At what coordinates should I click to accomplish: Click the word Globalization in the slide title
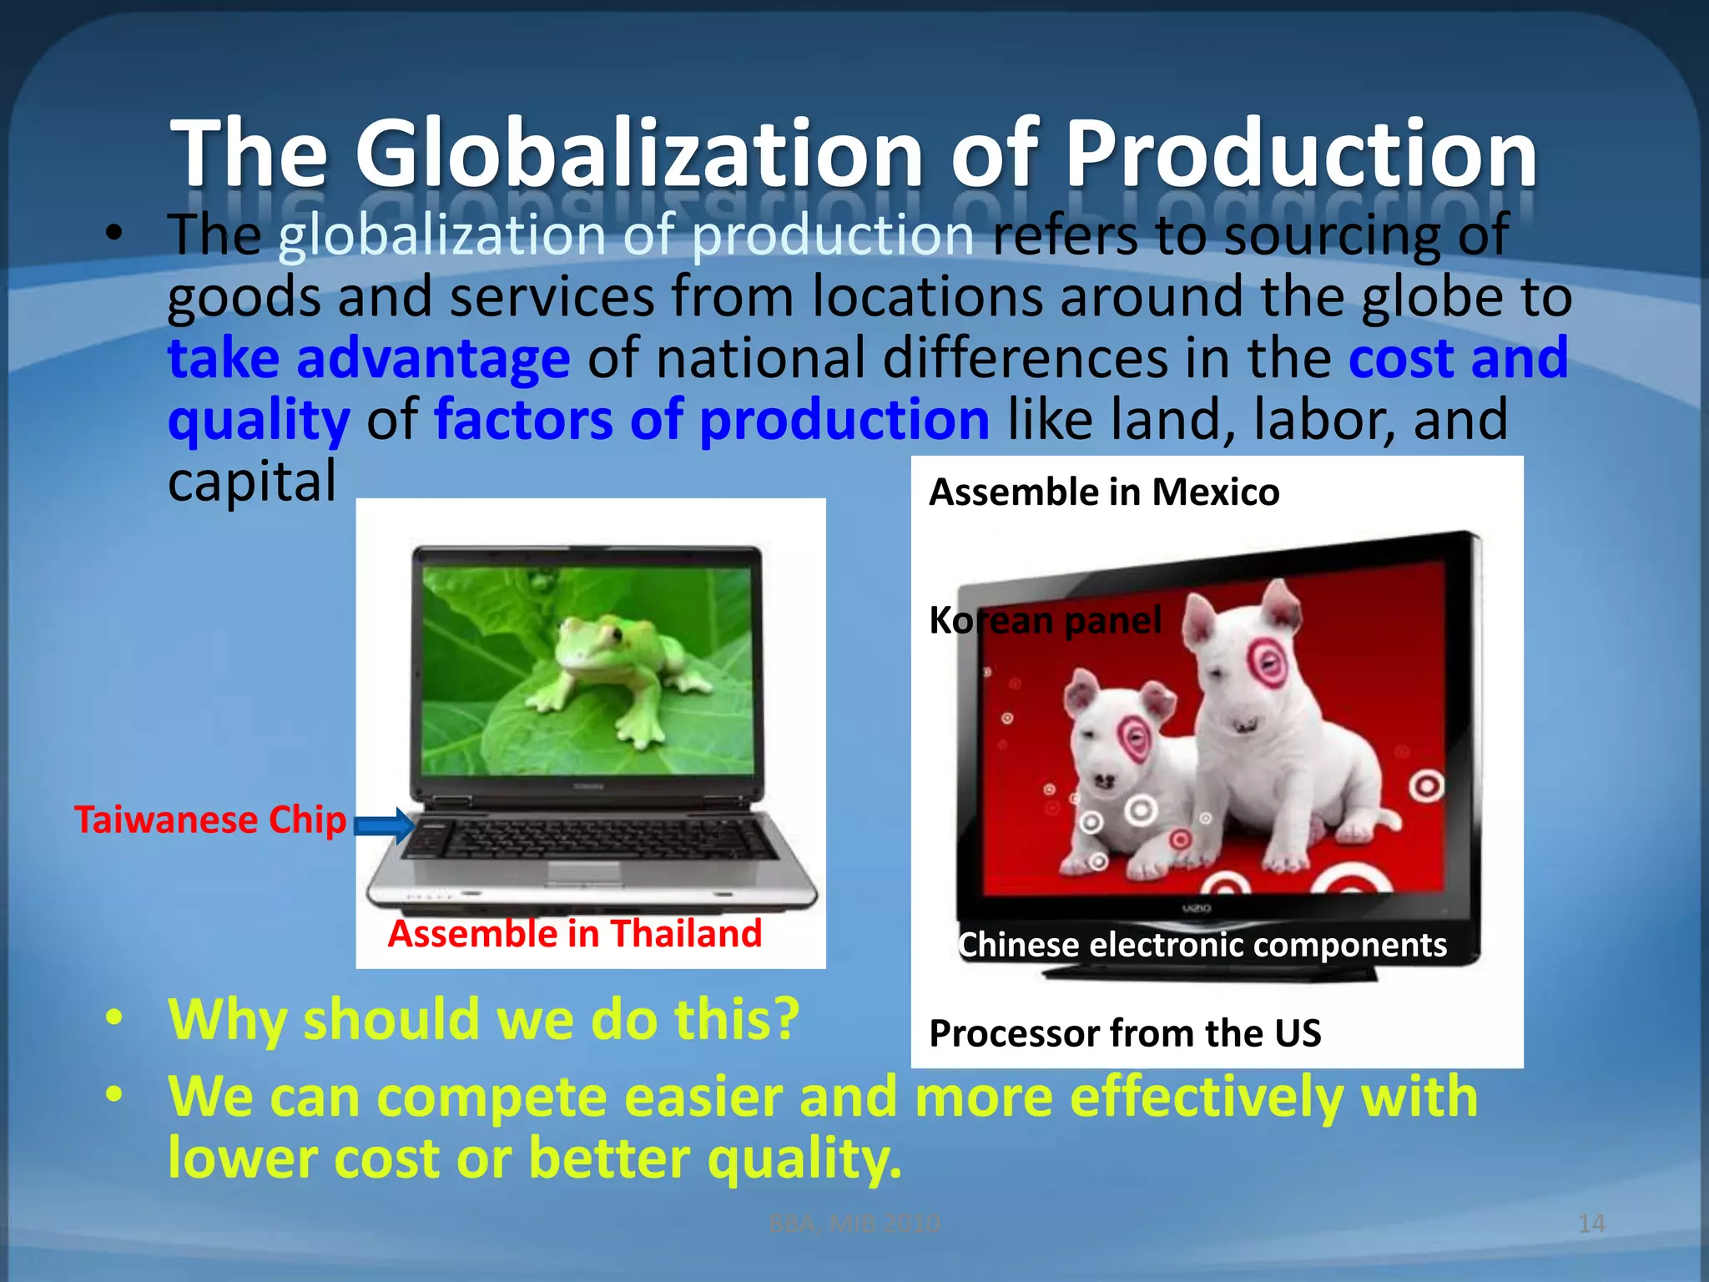point(638,154)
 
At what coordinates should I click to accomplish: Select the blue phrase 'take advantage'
point(369,359)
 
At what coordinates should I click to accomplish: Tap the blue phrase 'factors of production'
point(711,420)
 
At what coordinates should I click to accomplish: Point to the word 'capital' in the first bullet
point(252,482)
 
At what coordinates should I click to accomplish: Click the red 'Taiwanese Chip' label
point(210,820)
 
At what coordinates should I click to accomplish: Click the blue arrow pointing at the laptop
point(384,825)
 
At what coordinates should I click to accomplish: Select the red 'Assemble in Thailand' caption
point(575,933)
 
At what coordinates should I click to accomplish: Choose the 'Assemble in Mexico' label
point(1104,492)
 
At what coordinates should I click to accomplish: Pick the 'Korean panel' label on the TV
point(1045,620)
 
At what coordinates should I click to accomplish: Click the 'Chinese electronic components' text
point(1202,945)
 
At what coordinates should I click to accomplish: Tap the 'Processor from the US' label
point(1125,1033)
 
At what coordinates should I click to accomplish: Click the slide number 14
point(1591,1224)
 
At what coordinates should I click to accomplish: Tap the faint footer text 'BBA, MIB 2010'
point(854,1224)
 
